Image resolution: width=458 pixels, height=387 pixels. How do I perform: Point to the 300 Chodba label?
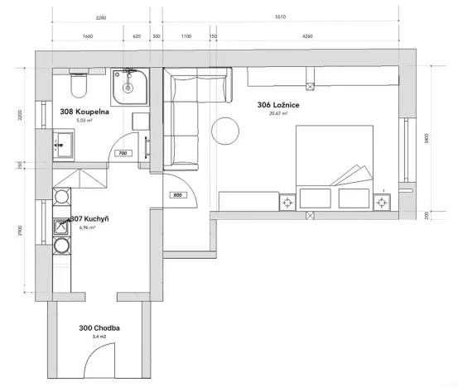pos(99,328)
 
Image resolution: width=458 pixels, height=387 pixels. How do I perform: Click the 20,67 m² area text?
pos(277,114)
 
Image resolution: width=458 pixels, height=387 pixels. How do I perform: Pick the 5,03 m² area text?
pos(84,120)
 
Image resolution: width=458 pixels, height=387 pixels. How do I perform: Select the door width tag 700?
pos(121,154)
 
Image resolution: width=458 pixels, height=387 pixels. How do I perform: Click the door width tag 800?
pos(177,195)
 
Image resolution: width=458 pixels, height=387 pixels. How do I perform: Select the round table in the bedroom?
pos(225,131)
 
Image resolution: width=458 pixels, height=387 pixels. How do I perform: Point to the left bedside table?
pos(288,201)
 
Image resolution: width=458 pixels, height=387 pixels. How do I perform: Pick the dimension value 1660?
pos(88,36)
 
